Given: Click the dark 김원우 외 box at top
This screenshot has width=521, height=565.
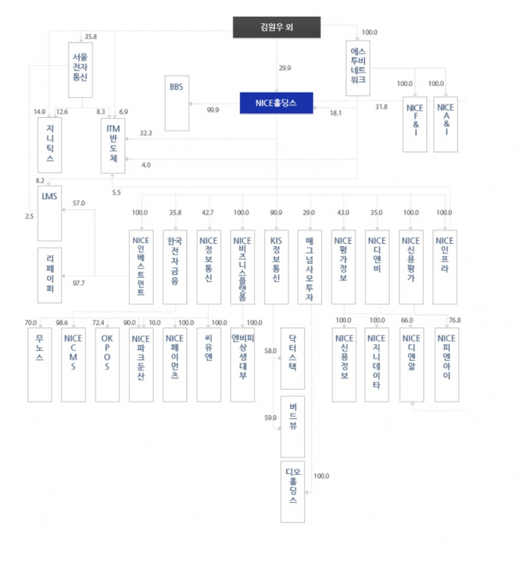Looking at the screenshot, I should coord(276,28).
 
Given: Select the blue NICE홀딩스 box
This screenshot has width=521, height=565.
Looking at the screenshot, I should coord(276,102).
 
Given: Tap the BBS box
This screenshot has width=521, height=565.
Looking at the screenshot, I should coord(176,104).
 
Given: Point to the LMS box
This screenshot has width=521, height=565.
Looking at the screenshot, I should coord(49,214).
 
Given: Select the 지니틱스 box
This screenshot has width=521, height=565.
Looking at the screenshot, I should coord(49,143).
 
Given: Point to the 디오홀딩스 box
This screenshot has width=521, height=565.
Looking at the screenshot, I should coord(292,490).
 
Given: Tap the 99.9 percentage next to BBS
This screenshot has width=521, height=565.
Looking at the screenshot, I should coord(213,110).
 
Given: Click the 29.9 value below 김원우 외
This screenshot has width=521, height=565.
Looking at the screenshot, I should coord(284,69).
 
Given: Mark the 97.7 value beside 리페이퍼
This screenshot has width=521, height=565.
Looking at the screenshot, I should coord(79,283).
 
